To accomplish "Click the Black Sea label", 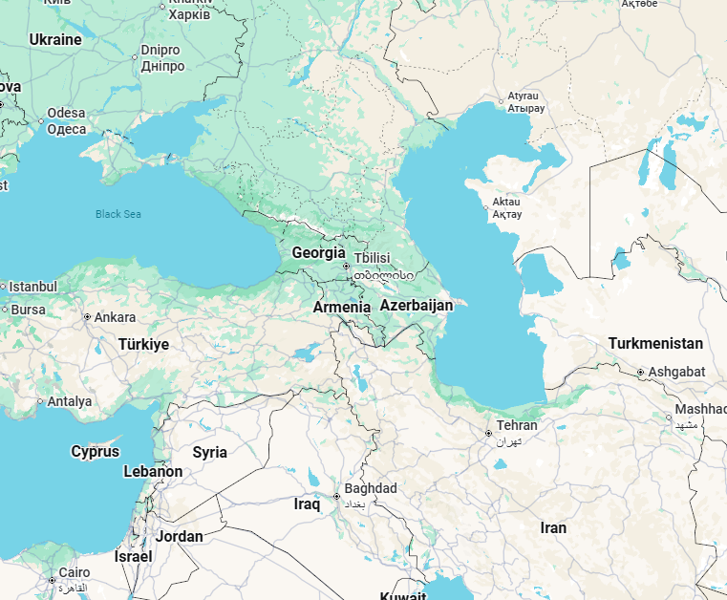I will pyautogui.click(x=118, y=214).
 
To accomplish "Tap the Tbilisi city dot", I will pyautogui.click(x=346, y=267).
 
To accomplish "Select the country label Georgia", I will pyautogui.click(x=318, y=253).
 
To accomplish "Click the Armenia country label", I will pyautogui.click(x=342, y=307).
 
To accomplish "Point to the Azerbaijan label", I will pyautogui.click(x=416, y=305).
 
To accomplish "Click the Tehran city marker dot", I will pyautogui.click(x=489, y=434).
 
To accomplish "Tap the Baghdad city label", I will pyautogui.click(x=371, y=488).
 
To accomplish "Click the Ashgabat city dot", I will pyautogui.click(x=640, y=372).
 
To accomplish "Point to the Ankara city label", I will pyautogui.click(x=115, y=317).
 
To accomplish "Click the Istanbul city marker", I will pyautogui.click(x=3, y=287).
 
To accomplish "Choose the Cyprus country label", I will pyautogui.click(x=96, y=451).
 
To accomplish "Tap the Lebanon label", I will pyautogui.click(x=153, y=471).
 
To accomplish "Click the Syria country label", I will pyautogui.click(x=210, y=452).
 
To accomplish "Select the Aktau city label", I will pyautogui.click(x=506, y=203).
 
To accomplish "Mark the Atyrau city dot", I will pyautogui.click(x=501, y=100).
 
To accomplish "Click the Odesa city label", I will pyautogui.click(x=66, y=113).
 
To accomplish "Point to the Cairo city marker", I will pyautogui.click(x=52, y=580).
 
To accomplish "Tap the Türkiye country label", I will pyautogui.click(x=143, y=344).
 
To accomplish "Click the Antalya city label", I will pyautogui.click(x=70, y=401).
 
